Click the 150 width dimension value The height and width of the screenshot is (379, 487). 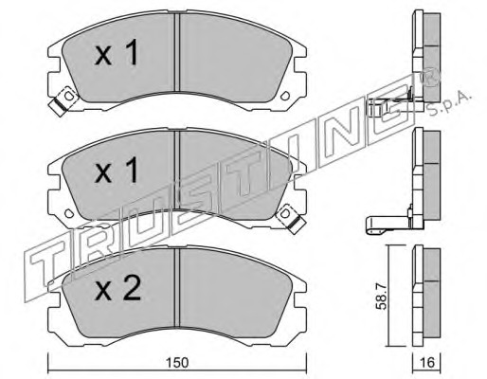(x=177, y=362)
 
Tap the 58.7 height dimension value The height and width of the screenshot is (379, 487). (x=382, y=298)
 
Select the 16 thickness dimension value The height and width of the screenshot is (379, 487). (x=428, y=362)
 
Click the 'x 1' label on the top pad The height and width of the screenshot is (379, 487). (x=117, y=53)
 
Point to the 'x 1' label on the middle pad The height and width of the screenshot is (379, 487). (x=117, y=171)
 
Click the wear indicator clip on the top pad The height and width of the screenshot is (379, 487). (x=64, y=100)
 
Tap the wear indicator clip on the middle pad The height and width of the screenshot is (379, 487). (x=290, y=219)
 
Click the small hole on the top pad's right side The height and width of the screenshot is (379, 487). (x=285, y=95)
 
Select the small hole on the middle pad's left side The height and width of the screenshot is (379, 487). (x=68, y=212)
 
